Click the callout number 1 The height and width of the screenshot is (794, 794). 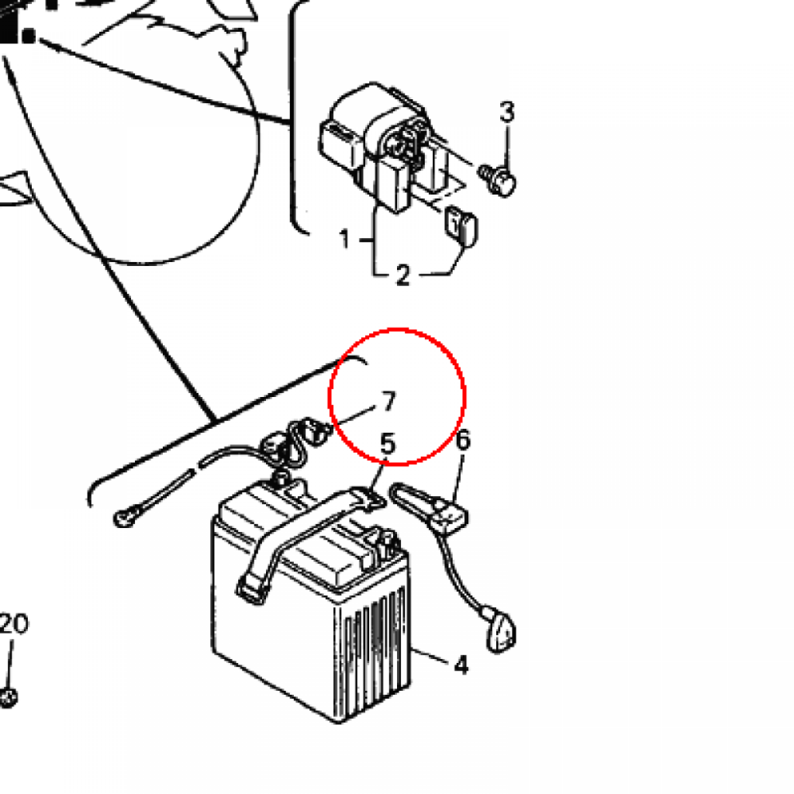(x=345, y=239)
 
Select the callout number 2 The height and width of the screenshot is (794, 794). (x=402, y=275)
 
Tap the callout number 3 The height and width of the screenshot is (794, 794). (x=507, y=112)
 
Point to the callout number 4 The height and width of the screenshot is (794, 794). (x=461, y=665)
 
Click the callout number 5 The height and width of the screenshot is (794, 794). (x=388, y=444)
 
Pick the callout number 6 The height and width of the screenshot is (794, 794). (x=463, y=440)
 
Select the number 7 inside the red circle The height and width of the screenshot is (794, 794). (x=388, y=402)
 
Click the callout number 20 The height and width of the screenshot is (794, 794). (x=14, y=624)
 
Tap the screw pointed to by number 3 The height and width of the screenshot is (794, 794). (x=497, y=180)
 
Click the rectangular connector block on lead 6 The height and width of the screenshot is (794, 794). (x=449, y=516)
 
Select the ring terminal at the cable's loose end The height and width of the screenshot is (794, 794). (x=125, y=517)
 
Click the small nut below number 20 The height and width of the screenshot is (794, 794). (x=8, y=698)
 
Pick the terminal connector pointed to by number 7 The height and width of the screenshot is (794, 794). (x=313, y=430)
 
